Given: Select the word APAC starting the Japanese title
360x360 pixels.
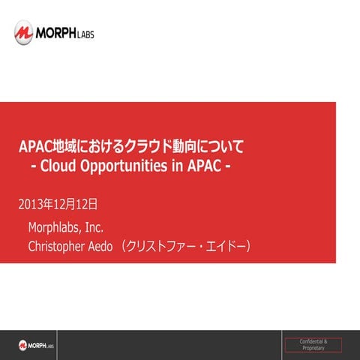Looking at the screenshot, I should coord(35,144).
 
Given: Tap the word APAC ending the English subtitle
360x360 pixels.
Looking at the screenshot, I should coord(202,164).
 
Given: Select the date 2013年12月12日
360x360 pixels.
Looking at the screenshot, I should coord(58,203).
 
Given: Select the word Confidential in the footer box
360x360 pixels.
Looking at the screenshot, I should coord(313,342).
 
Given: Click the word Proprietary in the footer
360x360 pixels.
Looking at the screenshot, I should coord(313,349).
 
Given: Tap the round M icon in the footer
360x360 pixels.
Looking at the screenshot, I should coord(23,344).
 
